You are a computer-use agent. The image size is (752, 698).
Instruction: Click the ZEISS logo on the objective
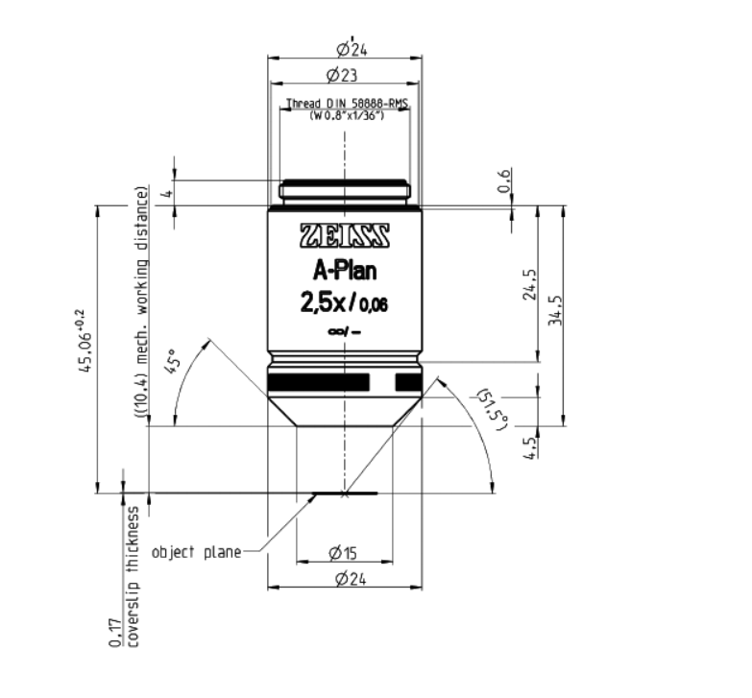coord(345,235)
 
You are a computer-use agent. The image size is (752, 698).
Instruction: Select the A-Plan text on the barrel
coord(345,271)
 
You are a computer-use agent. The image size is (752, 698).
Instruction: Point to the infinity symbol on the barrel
coord(335,331)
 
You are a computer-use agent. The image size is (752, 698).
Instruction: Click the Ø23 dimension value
coord(344,74)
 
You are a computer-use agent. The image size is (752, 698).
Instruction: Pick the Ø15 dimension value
coord(344,552)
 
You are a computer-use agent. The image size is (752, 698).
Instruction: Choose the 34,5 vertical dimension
coord(555,312)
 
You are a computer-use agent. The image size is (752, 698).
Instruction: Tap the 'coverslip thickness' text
coord(133,577)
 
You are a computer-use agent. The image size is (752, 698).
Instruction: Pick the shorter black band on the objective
coord(407,383)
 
